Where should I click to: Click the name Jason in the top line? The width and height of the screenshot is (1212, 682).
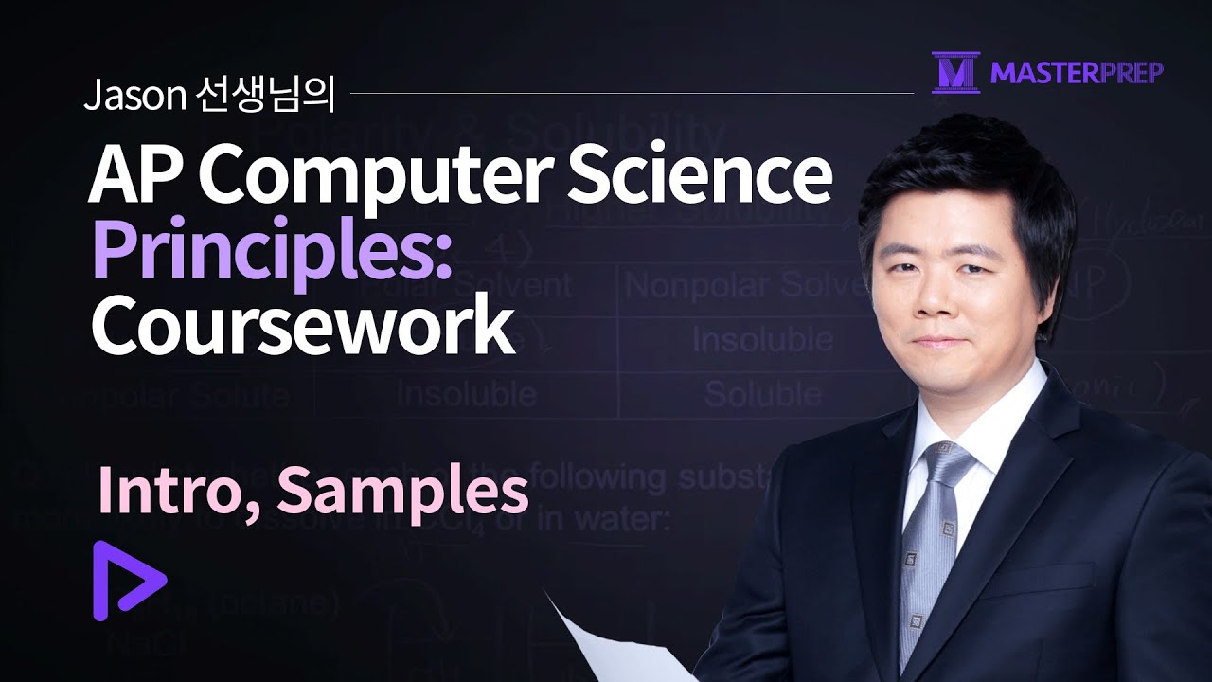[x=127, y=96]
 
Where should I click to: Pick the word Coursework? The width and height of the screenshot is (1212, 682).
[x=302, y=325]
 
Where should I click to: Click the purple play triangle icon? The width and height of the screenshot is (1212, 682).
[x=126, y=580]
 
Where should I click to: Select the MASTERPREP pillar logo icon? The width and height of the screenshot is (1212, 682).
[x=955, y=72]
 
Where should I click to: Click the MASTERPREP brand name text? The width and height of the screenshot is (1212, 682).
[x=1077, y=73]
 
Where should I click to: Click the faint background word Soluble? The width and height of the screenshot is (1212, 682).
[x=763, y=393]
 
